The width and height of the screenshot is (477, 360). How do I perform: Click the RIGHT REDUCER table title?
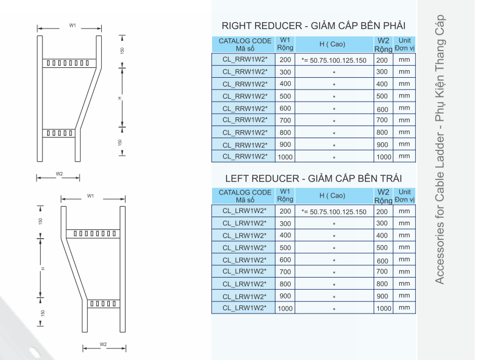coord(314,26)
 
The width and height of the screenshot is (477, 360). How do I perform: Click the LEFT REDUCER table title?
coord(314,178)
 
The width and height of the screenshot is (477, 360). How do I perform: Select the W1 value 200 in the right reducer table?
coord(285,60)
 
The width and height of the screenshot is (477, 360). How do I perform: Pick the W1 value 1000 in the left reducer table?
coord(285,308)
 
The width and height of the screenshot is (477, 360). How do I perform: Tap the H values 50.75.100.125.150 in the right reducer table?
coord(334,60)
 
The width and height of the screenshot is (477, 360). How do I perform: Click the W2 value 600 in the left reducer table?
coord(382,261)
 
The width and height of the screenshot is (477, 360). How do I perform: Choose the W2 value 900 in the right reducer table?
coord(382,145)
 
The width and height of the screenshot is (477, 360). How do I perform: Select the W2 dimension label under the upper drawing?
coord(59,174)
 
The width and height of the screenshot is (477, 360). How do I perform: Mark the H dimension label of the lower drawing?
coord(44,268)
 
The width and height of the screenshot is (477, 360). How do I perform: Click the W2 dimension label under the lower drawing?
coord(103,344)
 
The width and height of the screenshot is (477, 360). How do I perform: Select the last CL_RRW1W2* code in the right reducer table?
coord(245,156)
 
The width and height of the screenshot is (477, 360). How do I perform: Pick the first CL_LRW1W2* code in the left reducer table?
coord(245,211)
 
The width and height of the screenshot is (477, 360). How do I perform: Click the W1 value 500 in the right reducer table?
coord(285,96)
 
